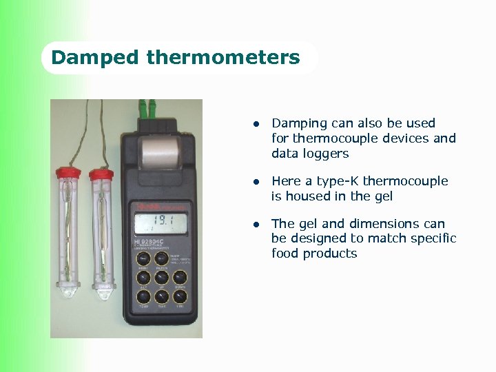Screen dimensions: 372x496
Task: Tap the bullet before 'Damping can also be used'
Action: (255, 125)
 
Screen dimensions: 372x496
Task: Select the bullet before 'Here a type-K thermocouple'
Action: (255, 183)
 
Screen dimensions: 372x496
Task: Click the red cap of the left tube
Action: (68, 171)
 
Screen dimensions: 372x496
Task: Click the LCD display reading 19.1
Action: (161, 223)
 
